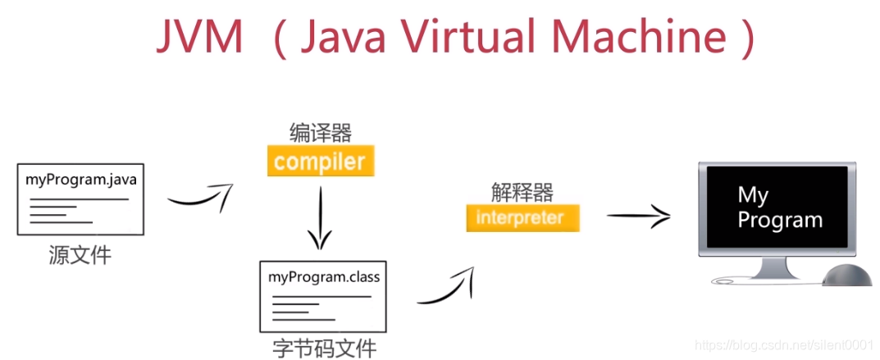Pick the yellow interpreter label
(x=522, y=217)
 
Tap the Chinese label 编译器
(x=321, y=134)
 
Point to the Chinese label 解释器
(x=522, y=193)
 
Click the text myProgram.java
(x=81, y=180)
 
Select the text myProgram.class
(x=324, y=277)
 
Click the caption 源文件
(x=80, y=255)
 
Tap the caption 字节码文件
(x=325, y=348)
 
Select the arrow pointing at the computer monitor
(x=639, y=216)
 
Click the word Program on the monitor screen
(x=780, y=221)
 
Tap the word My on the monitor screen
(x=753, y=196)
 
